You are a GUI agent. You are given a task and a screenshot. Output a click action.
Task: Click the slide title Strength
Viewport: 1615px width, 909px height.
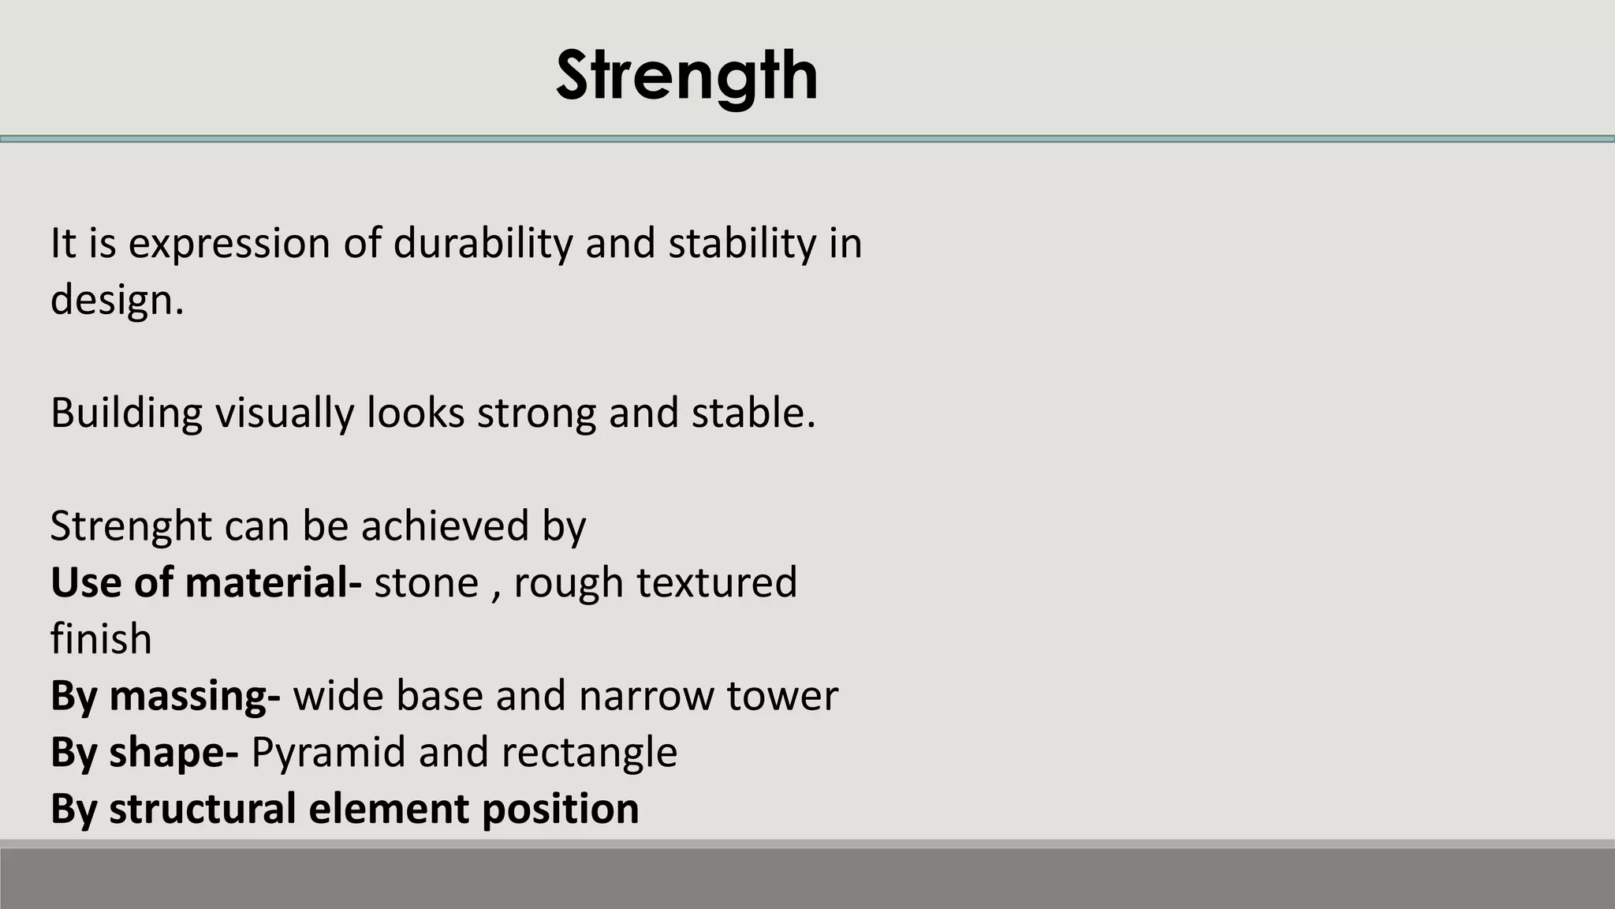tap(686, 76)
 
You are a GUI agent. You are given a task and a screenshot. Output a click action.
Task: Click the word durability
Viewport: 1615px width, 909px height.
tap(483, 243)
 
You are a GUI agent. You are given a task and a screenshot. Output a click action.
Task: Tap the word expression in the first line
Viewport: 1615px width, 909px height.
tap(229, 243)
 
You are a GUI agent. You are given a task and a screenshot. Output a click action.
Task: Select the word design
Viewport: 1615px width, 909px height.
tap(117, 300)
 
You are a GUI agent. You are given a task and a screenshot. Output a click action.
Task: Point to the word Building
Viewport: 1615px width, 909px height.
tap(126, 413)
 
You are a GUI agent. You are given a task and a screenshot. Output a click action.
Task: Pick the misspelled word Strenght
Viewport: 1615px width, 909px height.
tap(131, 526)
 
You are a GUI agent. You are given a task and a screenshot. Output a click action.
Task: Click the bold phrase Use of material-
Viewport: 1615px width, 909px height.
tap(206, 582)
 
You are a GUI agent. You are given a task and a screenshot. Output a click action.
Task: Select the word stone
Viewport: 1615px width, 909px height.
tap(426, 582)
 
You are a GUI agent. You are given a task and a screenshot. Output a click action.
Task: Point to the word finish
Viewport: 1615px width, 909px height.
tap(101, 639)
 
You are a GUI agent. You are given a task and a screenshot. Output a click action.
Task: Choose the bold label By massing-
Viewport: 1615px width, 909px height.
tap(165, 696)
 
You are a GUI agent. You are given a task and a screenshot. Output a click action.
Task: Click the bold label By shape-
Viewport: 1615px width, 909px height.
tap(144, 753)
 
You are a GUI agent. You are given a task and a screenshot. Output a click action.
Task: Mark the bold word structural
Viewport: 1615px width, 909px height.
tap(203, 810)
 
